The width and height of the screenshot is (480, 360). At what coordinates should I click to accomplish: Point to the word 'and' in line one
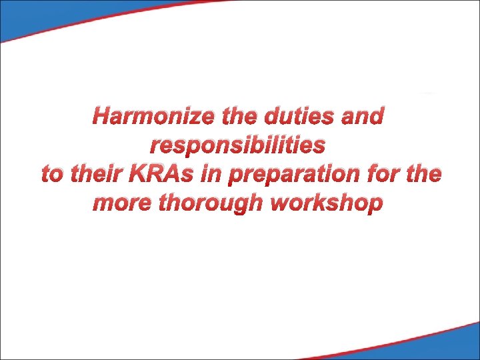point(363,117)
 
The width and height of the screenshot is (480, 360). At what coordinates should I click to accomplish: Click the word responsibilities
point(239,145)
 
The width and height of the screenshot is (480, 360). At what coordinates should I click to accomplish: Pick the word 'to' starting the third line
point(52,174)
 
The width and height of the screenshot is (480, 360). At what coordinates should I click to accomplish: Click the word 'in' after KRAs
point(211,174)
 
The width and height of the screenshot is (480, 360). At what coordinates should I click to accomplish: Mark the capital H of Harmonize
point(101,117)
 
